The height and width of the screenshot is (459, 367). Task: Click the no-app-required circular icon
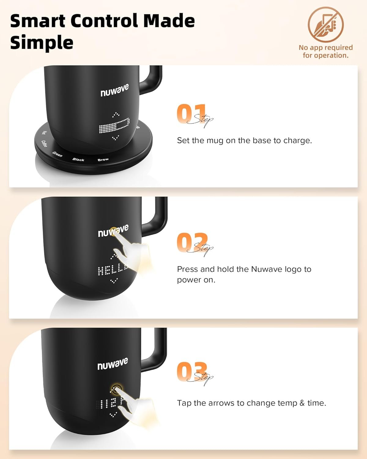[x=325, y=24]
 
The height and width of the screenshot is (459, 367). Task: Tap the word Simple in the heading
[x=42, y=43]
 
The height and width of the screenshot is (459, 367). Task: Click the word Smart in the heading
[x=38, y=21]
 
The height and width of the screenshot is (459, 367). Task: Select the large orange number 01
[x=191, y=114]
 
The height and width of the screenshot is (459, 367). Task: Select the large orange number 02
[x=192, y=243]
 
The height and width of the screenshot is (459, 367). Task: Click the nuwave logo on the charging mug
[x=114, y=90]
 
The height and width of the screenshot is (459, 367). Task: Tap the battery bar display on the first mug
[x=114, y=126]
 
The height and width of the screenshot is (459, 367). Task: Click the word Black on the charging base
[x=78, y=159]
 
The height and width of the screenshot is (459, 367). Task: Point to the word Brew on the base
[x=103, y=159]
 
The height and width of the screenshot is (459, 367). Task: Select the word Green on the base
[x=57, y=154]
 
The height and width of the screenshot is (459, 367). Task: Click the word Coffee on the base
[x=44, y=144]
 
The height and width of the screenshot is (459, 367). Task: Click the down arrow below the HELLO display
[x=114, y=281]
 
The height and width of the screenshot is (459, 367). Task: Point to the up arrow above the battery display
[x=116, y=114]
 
